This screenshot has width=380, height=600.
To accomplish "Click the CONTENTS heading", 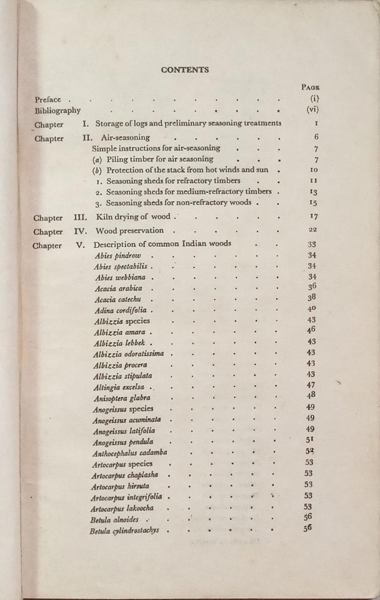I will (x=185, y=70).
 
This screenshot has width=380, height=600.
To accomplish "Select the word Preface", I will (x=48, y=99).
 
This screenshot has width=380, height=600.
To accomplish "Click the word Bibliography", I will (x=57, y=111).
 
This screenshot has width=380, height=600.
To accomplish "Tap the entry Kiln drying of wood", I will (x=132, y=217).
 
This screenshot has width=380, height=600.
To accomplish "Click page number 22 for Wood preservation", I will (x=313, y=231).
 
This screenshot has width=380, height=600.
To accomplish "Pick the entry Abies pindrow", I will (x=117, y=256).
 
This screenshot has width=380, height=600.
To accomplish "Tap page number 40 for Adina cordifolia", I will (x=312, y=309).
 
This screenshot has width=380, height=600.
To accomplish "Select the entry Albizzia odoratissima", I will (x=128, y=354).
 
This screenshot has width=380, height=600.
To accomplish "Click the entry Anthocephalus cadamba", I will (x=130, y=452).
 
